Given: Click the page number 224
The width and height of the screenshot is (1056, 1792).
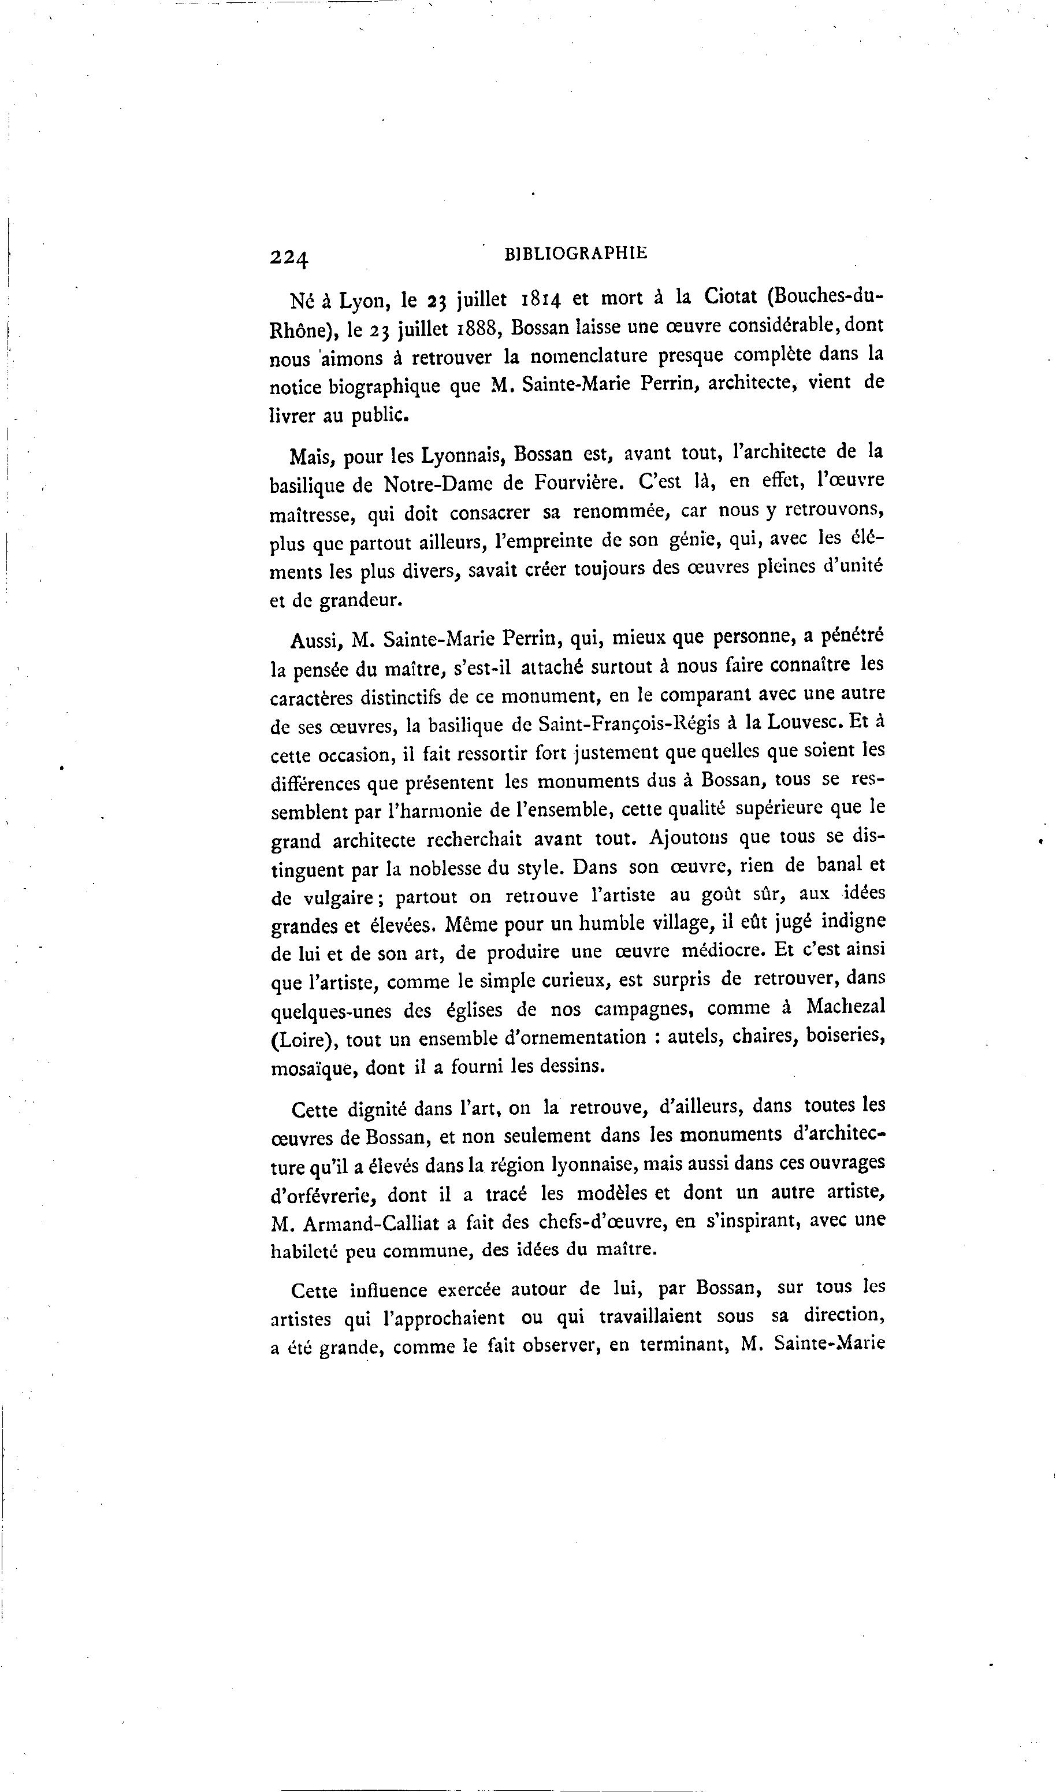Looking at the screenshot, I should (289, 257).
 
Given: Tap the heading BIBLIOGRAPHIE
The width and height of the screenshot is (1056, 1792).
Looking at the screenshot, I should (575, 253).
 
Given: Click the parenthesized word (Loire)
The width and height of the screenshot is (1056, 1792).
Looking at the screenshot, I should (304, 1040).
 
